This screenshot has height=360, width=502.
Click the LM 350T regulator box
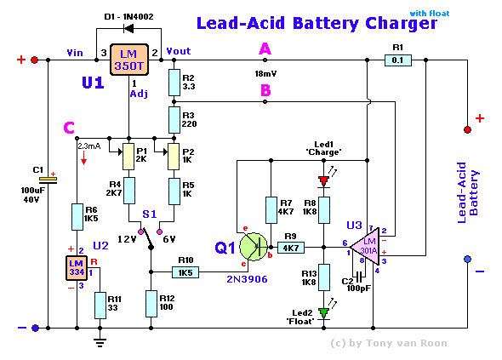tap(129, 60)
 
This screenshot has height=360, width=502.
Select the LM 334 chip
tap(77, 268)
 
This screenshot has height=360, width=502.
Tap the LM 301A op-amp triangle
tap(365, 247)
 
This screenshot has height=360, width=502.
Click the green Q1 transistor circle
tap(254, 247)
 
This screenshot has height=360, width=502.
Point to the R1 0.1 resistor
tap(397, 60)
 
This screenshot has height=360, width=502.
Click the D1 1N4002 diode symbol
tap(128, 29)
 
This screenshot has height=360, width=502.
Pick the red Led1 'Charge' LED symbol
tap(323, 181)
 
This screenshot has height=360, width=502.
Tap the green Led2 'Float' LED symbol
tap(323, 313)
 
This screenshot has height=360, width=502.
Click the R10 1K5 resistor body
tap(185, 272)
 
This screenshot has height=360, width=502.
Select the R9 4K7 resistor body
tap(290, 248)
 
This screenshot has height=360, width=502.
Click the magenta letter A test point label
tap(265, 49)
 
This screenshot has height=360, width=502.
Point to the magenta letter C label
tap(69, 128)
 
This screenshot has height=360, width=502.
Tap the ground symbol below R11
tap(100, 343)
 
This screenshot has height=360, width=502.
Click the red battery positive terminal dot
tap(467, 129)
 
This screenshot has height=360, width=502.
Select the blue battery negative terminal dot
tap(467, 259)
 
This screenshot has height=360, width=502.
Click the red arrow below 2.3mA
tap(83, 158)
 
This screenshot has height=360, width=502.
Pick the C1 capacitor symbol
tap(48, 180)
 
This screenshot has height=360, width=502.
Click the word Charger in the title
tap(402, 23)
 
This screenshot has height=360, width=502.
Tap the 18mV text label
tap(265, 74)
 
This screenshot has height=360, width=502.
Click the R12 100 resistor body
tap(151, 304)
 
